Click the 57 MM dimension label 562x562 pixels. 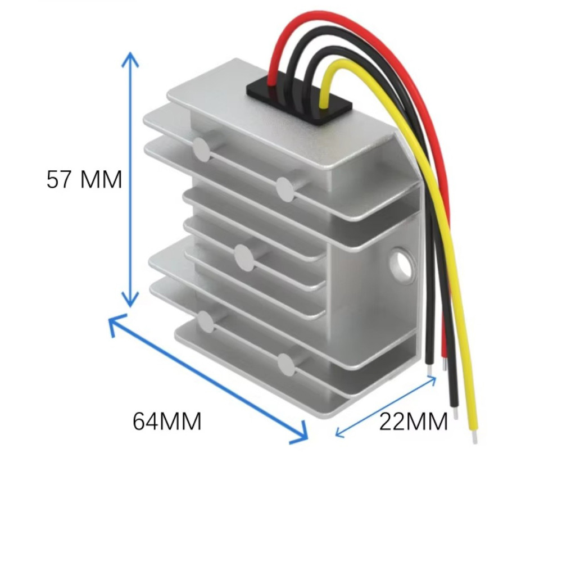(84, 180)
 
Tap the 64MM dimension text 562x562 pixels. (167, 421)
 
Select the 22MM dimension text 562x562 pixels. (413, 421)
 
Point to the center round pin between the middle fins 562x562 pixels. (244, 258)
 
